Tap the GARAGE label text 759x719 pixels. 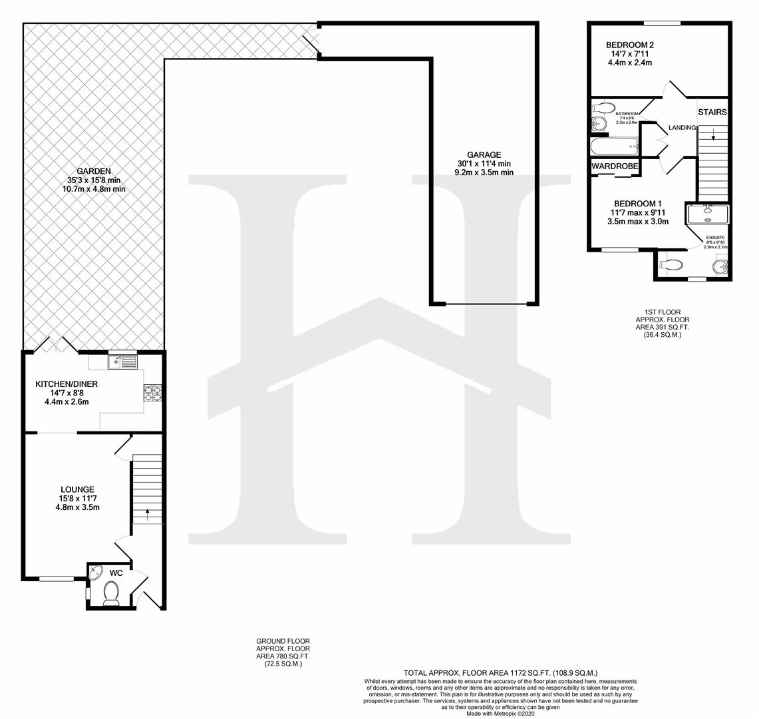pyautogui.click(x=484, y=154)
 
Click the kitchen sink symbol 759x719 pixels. pyautogui.click(x=122, y=362)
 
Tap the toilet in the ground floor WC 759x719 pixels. pyautogui.click(x=111, y=593)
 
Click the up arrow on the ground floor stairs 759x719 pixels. pyautogui.click(x=147, y=513)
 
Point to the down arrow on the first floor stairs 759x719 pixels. pyautogui.click(x=713, y=138)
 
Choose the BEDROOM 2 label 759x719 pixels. pyautogui.click(x=629, y=45)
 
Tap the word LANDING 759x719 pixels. pyautogui.click(x=682, y=127)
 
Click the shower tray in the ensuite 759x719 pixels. pyautogui.click(x=708, y=214)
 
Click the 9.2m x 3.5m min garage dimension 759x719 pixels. pyautogui.click(x=484, y=172)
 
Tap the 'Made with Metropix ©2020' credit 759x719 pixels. pyautogui.click(x=500, y=713)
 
